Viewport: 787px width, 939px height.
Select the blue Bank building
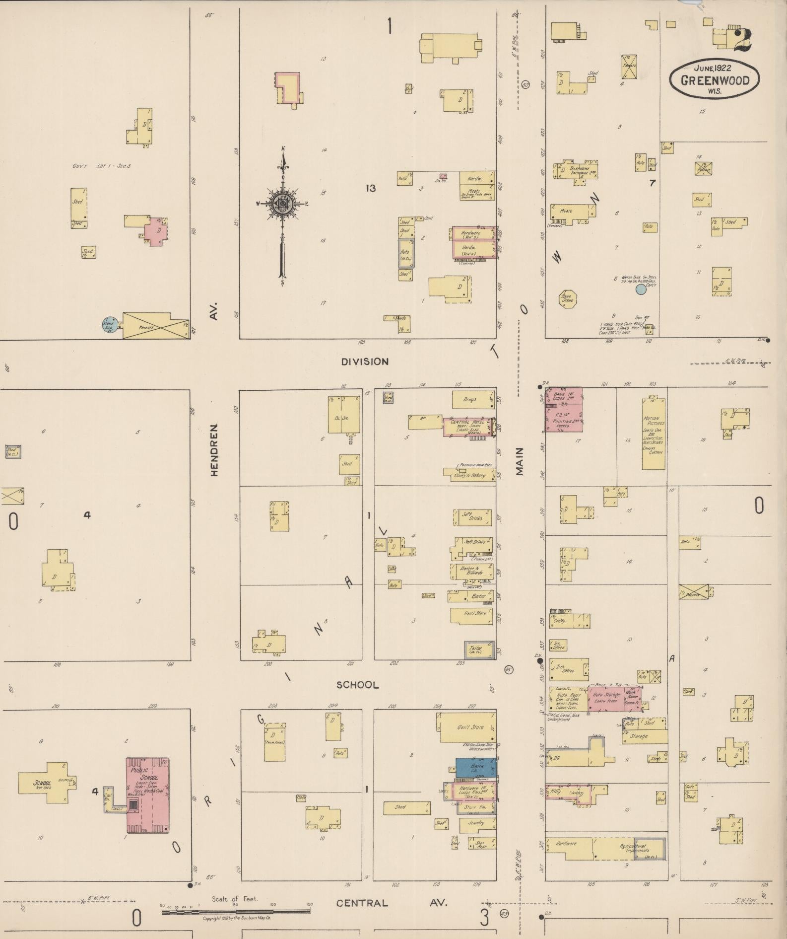475,767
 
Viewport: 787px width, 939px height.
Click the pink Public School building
148,795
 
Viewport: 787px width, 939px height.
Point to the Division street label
365,361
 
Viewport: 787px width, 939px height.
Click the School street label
357,685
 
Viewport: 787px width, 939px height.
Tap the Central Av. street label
392,903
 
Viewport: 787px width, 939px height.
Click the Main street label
520,461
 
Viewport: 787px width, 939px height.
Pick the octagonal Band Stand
568,299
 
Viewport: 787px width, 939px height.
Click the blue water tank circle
641,289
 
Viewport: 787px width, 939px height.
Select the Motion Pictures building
654,433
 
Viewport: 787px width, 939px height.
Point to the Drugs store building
473,399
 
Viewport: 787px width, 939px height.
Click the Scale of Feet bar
236,912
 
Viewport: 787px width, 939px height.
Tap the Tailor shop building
479,650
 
